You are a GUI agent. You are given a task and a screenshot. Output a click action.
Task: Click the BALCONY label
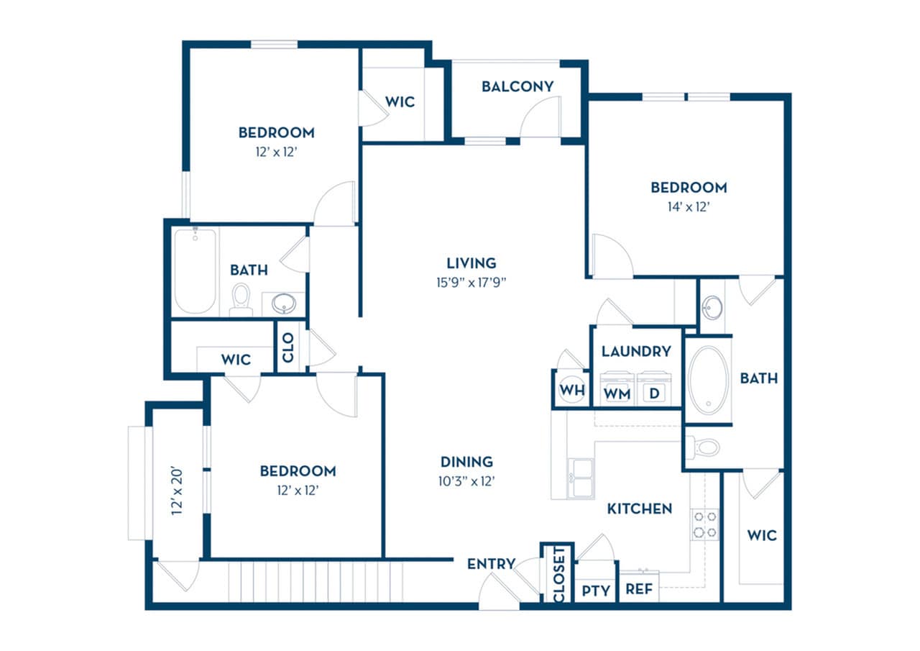click(517, 86)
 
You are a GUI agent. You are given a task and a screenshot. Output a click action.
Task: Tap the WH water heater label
click(572, 391)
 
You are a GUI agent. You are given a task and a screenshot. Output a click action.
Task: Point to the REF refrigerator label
click(639, 589)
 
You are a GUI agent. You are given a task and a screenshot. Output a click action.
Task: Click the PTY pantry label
click(596, 591)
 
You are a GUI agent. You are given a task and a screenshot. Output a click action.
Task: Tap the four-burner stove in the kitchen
click(704, 524)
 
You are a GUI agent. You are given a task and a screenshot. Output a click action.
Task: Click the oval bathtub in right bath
click(708, 381)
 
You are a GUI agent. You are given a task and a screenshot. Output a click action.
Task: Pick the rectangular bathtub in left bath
click(195, 271)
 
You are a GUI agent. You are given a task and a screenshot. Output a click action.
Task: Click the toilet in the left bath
click(241, 300)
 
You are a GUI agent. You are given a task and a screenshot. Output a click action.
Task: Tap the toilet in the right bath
click(705, 447)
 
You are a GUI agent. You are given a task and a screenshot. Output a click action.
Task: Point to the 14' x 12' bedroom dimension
click(689, 206)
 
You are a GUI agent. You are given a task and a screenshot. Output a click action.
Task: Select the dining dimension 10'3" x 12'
click(467, 481)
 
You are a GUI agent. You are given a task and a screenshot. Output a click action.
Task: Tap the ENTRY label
click(491, 563)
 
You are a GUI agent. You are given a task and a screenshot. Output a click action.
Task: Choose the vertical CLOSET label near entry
click(558, 573)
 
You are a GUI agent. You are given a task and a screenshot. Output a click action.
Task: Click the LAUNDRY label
click(636, 351)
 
